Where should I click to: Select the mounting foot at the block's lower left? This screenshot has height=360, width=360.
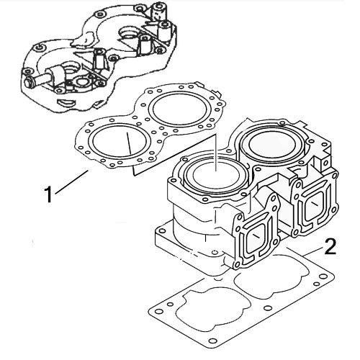point(166,238)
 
